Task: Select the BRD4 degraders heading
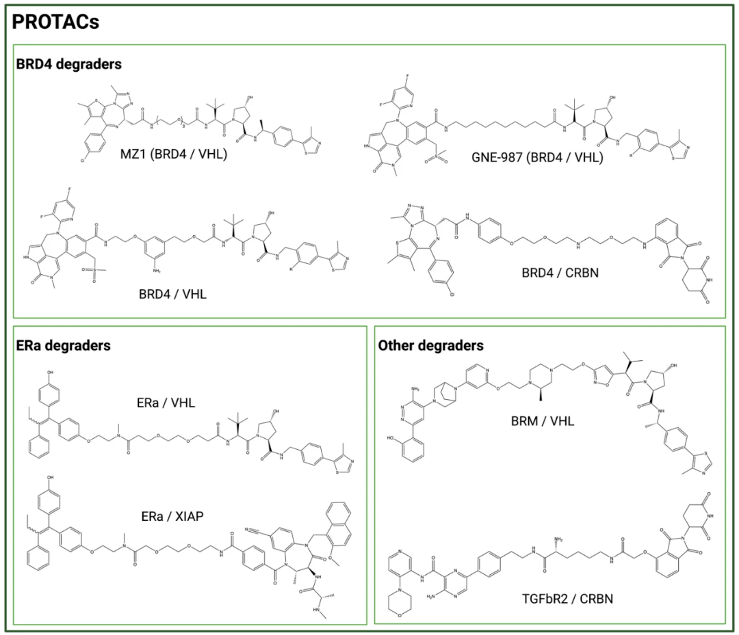pyautogui.click(x=69, y=65)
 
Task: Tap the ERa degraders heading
pyautogui.click(x=63, y=346)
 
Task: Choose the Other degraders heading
pyautogui.click(x=430, y=346)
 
